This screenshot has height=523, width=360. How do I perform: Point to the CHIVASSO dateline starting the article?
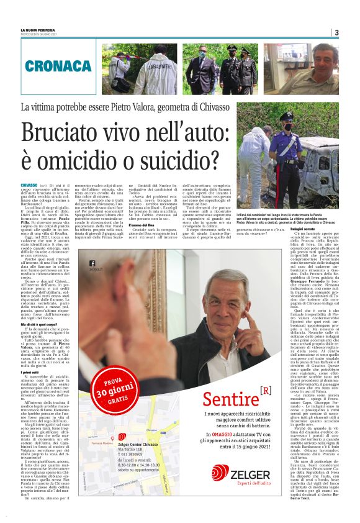point(29,185)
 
